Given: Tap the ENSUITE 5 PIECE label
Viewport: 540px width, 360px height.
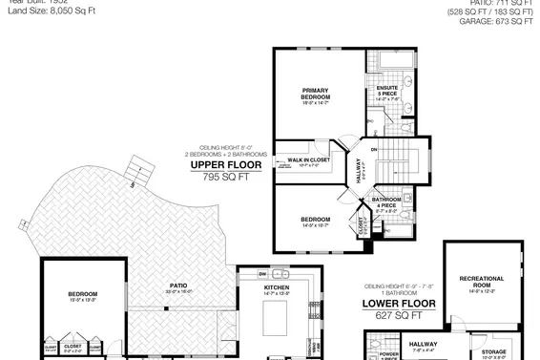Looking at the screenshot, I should pyautogui.click(x=387, y=92).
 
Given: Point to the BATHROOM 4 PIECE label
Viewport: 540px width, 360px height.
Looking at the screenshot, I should pyautogui.click(x=386, y=203).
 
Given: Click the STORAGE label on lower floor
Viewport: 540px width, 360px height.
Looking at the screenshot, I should pyautogui.click(x=493, y=352).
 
